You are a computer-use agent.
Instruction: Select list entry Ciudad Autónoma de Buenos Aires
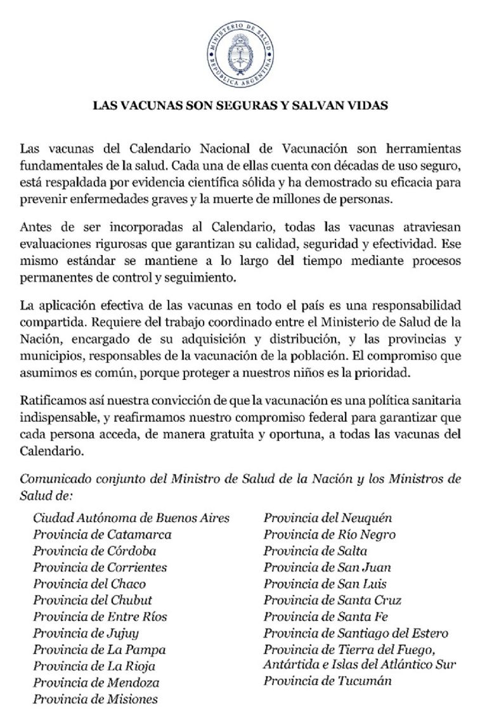pos(131,518)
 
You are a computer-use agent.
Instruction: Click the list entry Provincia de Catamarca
pos(102,534)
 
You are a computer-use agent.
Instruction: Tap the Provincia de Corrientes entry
pos(100,567)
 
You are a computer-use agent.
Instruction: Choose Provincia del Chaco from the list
pos(89,584)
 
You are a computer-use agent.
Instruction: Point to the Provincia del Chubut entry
pos(93,600)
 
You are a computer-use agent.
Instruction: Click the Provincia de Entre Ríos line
pos(99,617)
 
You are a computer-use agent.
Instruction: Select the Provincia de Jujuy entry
pos(86,633)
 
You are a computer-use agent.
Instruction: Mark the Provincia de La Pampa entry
pos(100,650)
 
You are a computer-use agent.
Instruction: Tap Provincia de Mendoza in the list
pos(96,683)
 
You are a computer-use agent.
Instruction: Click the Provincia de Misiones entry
pos(96,699)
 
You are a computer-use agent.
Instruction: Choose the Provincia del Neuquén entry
pos(328,518)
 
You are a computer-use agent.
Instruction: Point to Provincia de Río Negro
pos(330,534)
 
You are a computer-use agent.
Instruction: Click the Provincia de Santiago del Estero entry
pos(356,633)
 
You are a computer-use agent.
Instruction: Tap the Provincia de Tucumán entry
pos(327,681)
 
